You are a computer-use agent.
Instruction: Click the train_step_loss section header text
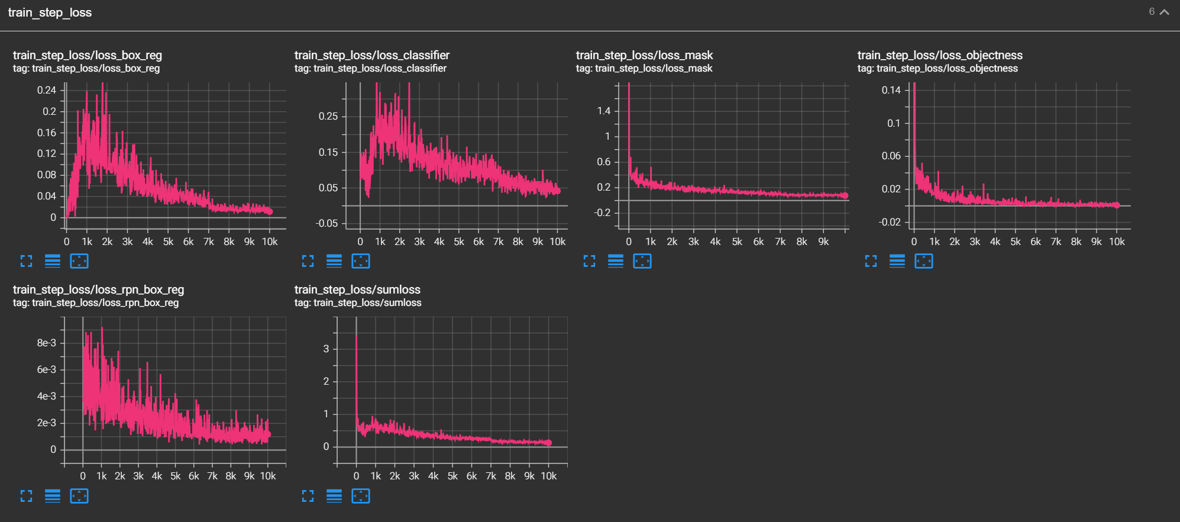[50, 12]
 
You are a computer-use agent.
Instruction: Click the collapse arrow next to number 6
[1165, 12]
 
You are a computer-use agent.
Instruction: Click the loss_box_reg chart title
[88, 55]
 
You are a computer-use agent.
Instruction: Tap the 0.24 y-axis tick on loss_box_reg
[46, 90]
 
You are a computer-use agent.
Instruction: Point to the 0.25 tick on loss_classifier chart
[328, 116]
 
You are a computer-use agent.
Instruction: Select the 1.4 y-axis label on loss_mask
[603, 111]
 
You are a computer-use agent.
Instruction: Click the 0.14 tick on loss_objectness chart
[891, 90]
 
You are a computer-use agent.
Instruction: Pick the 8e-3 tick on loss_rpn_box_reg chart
[46, 343]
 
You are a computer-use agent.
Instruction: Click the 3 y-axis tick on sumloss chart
[326, 349]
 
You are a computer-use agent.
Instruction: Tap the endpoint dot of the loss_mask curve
[845, 195]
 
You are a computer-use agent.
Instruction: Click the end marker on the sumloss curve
[548, 443]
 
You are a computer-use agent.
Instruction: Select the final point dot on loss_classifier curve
[557, 191]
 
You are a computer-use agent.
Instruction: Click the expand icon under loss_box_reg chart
[26, 261]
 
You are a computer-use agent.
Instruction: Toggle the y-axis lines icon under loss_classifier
[334, 261]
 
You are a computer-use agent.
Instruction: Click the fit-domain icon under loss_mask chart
[642, 261]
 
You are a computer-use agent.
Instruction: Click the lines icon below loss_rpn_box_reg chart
[53, 496]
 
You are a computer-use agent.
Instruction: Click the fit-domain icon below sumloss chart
[360, 496]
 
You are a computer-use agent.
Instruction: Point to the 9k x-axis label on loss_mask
[823, 241]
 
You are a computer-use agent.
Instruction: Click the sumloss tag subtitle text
[358, 303]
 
